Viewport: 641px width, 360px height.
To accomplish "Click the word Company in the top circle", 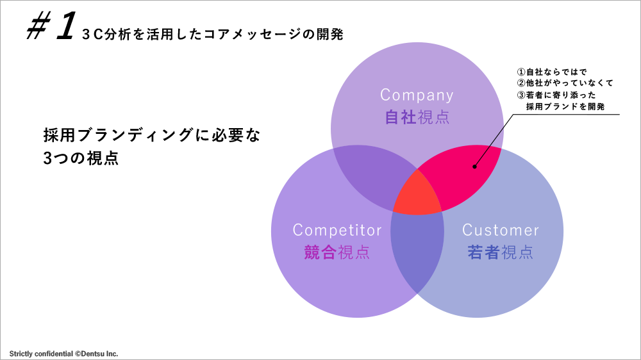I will [417, 95].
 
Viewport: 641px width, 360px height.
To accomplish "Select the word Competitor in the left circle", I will [337, 230].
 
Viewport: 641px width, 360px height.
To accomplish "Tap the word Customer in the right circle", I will [501, 230].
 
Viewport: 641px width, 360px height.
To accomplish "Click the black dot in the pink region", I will [474, 167].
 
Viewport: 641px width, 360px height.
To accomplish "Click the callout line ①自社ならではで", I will [552, 72].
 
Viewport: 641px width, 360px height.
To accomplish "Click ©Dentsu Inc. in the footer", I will [97, 354].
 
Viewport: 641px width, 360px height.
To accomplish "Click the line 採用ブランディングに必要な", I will [152, 136].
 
